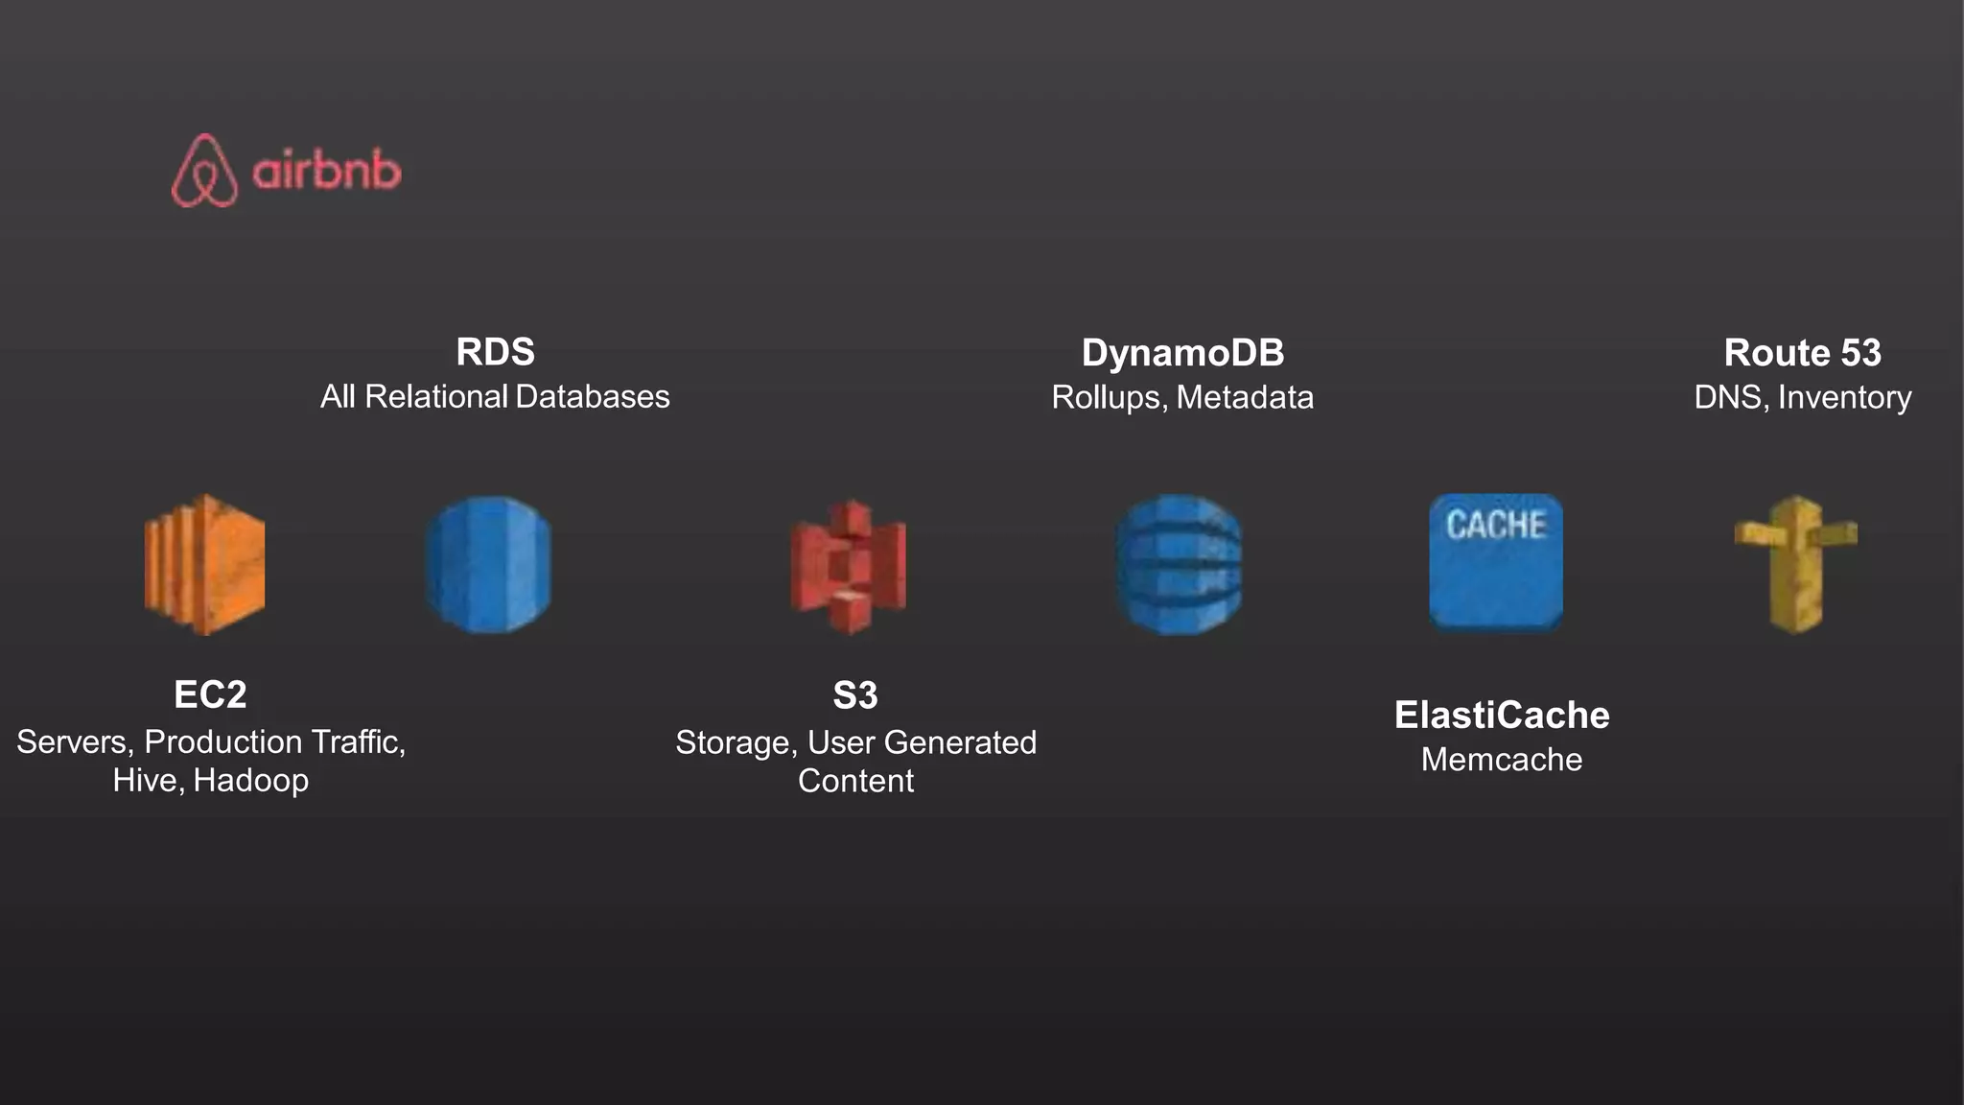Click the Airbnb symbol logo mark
point(204,171)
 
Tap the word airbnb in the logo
point(327,172)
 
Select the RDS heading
point(495,352)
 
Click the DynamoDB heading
point(1182,353)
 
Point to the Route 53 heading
point(1802,353)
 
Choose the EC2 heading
point(210,694)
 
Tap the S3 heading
point(854,695)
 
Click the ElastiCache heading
point(1501,716)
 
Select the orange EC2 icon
point(204,564)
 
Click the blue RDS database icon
point(488,564)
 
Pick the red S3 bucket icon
point(849,566)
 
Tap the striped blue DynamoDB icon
point(1179,564)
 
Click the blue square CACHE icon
point(1496,562)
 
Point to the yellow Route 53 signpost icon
point(1795,564)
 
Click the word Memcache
point(1501,760)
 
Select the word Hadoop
point(250,781)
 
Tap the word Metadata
point(1245,397)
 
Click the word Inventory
point(1844,397)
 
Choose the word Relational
point(436,396)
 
